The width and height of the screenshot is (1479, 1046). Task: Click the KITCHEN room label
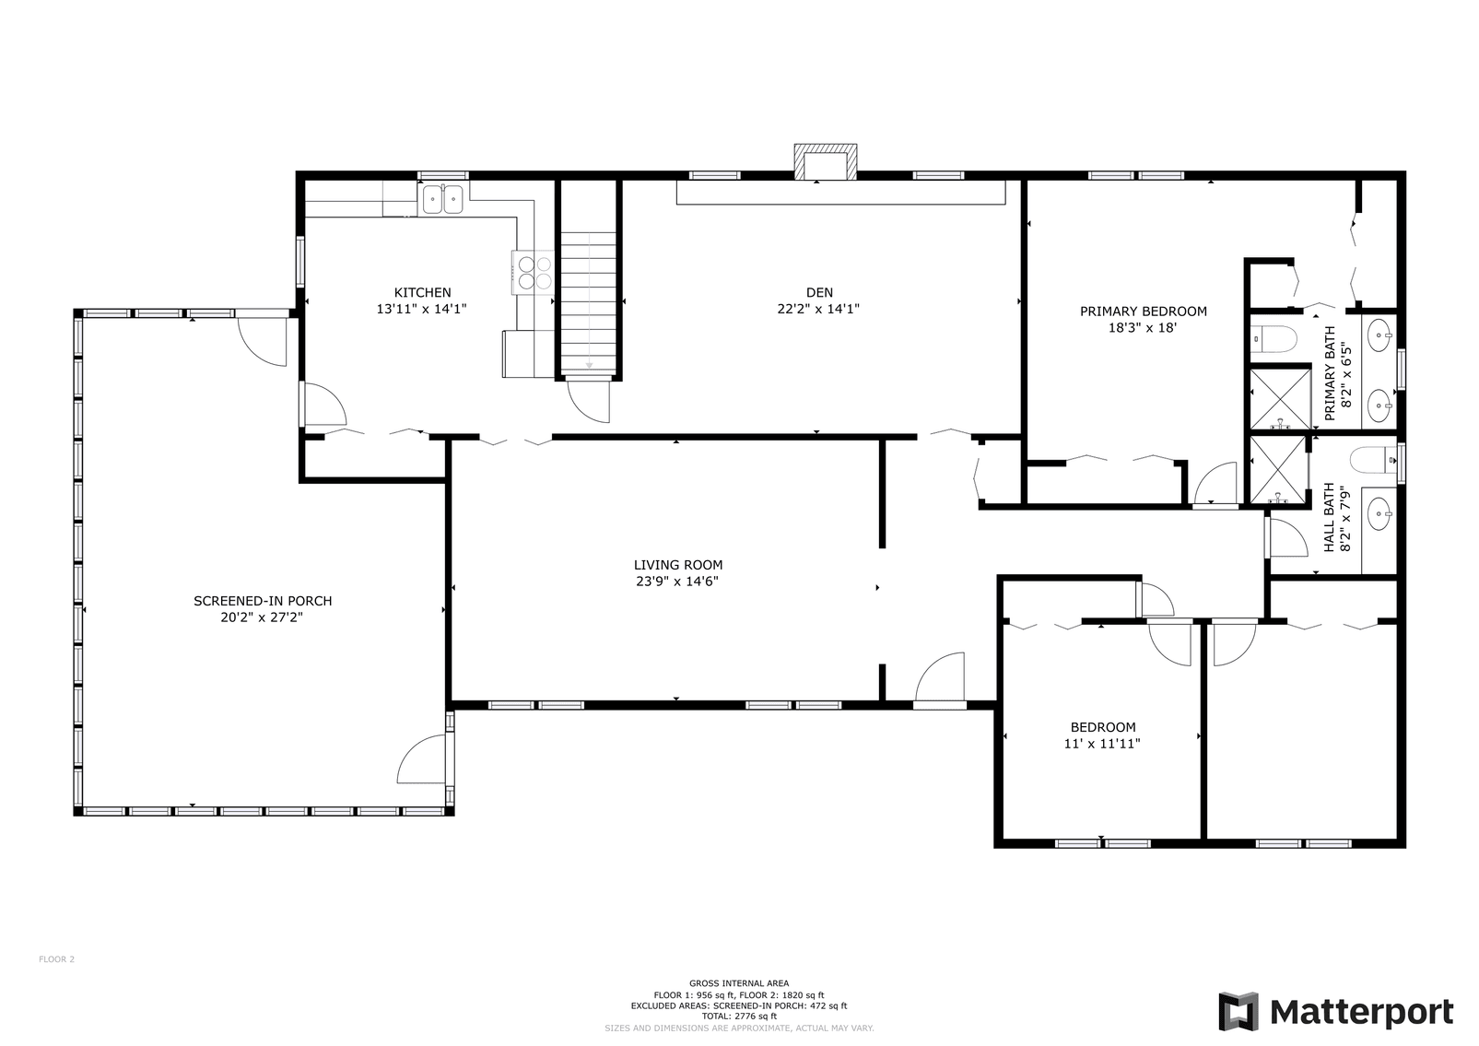[422, 293]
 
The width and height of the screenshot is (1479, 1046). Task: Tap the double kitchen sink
[442, 199]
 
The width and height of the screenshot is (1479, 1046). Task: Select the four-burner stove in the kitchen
[534, 272]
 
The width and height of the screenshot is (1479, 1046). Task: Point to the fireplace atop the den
[826, 162]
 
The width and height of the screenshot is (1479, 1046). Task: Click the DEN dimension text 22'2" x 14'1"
[817, 310]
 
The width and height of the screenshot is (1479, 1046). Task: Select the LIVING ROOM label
[677, 565]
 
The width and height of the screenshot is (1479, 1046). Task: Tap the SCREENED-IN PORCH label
[263, 601]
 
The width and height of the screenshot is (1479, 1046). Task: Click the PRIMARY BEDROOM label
[1143, 311]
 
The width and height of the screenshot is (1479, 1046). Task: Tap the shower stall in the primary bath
[1279, 398]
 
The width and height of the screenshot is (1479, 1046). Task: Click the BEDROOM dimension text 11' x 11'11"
[1102, 744]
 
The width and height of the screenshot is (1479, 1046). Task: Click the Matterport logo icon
[1238, 1011]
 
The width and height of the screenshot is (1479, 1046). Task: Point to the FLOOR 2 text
[56, 959]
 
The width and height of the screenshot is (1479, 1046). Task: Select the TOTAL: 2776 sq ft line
[738, 1017]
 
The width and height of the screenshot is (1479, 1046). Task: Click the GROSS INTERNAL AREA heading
[738, 983]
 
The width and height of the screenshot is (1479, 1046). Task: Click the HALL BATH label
[1329, 518]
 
